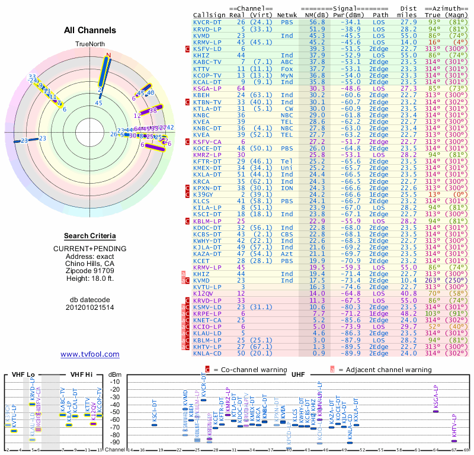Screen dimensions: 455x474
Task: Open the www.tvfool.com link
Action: pyautogui.click(x=90, y=354)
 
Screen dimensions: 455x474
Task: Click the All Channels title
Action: pyautogui.click(x=90, y=30)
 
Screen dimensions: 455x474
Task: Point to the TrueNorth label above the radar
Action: pyautogui.click(x=90, y=44)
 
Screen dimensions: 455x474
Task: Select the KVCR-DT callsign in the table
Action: pyautogui.click(x=207, y=22)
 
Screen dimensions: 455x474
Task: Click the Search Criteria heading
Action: pyautogui.click(x=90, y=236)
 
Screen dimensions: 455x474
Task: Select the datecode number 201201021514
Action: pyautogui.click(x=90, y=306)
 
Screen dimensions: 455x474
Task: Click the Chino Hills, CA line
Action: pyautogui.click(x=90, y=263)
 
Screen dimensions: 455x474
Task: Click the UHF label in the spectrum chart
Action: pyautogui.click(x=299, y=374)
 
